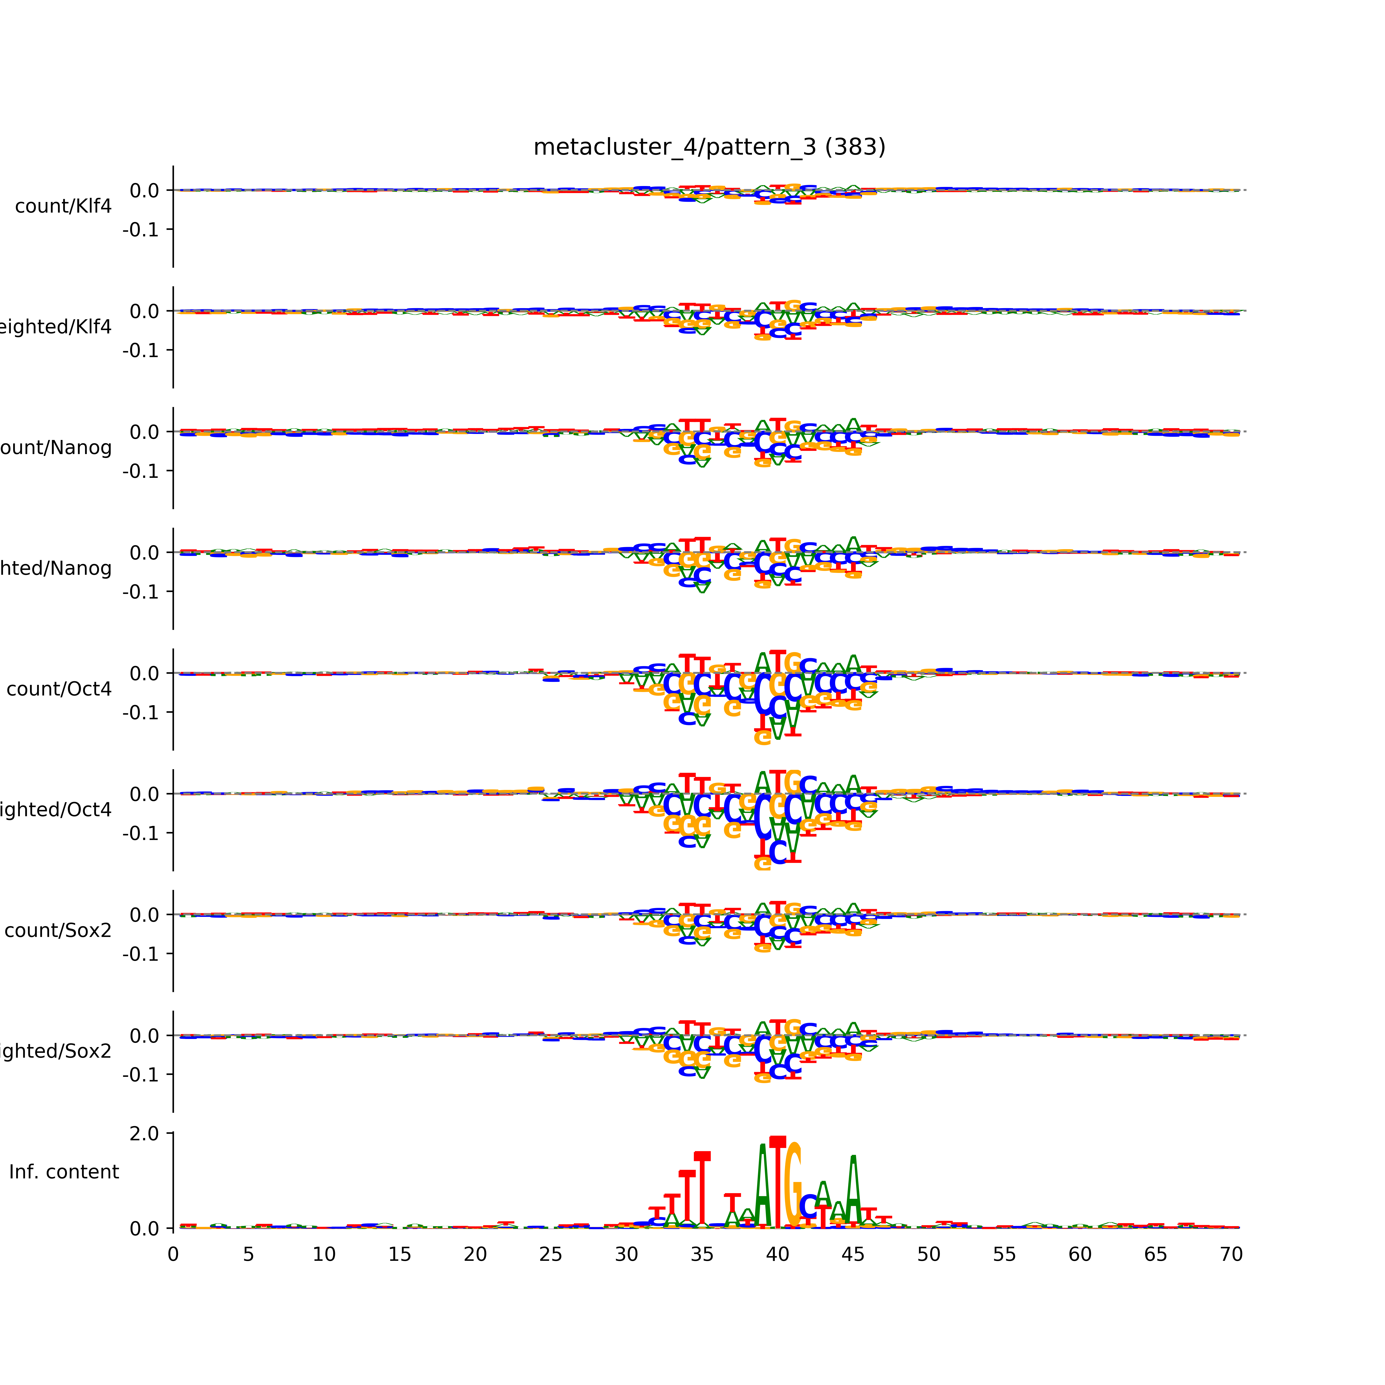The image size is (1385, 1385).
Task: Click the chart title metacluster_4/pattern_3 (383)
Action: click(x=709, y=147)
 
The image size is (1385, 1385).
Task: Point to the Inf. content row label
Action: click(x=64, y=1172)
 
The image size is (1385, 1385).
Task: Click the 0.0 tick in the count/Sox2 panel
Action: click(x=144, y=915)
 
